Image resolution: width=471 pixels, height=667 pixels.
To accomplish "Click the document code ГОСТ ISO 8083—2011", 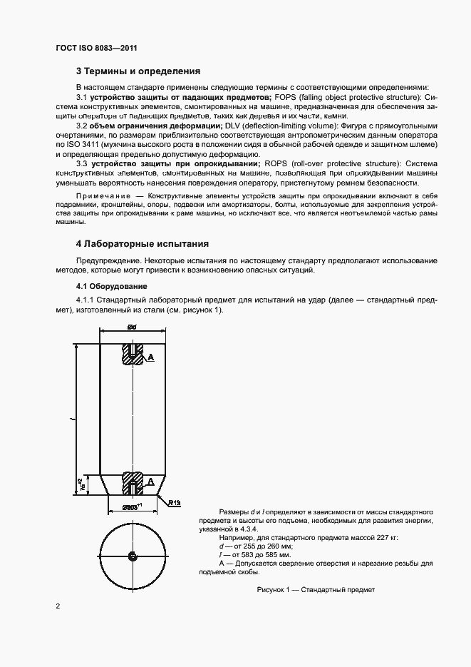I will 95,48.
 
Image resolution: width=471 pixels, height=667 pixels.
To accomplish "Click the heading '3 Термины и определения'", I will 138,71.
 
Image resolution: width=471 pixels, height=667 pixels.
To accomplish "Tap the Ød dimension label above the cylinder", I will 132,327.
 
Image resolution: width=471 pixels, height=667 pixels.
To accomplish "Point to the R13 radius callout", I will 175,502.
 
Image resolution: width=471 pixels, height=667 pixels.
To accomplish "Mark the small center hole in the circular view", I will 133,556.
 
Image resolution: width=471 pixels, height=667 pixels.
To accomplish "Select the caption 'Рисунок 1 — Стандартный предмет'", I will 316,590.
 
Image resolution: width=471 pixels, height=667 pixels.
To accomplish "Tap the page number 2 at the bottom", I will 58,606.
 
